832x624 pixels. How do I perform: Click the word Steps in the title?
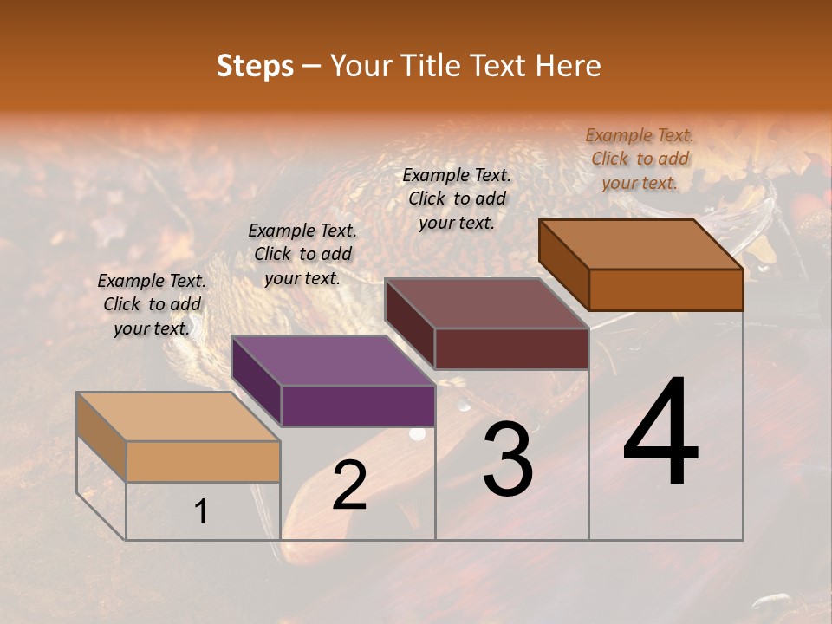point(255,67)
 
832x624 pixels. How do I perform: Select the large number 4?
point(660,433)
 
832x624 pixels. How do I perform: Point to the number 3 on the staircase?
point(507,459)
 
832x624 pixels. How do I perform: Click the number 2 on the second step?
point(349,485)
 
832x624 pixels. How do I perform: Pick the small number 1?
point(201,512)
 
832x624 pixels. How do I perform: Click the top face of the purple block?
point(333,361)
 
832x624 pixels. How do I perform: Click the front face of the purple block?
point(358,406)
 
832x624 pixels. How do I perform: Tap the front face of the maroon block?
point(511,348)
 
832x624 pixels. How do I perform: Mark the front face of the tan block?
point(203,461)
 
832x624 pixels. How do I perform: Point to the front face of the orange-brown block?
point(666,289)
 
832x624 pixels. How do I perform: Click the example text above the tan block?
point(152,304)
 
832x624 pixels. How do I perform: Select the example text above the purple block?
point(302,254)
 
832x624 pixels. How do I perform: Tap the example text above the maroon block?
point(457,198)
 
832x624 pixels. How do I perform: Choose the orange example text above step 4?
point(640,159)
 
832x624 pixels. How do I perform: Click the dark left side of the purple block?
point(257,381)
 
